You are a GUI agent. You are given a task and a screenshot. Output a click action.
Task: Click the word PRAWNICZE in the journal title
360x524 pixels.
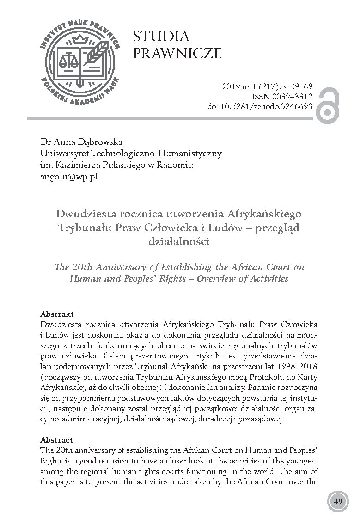[177, 54]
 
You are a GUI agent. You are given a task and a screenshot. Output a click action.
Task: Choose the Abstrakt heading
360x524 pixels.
[57, 313]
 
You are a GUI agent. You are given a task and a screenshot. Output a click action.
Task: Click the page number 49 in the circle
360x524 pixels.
[338, 502]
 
